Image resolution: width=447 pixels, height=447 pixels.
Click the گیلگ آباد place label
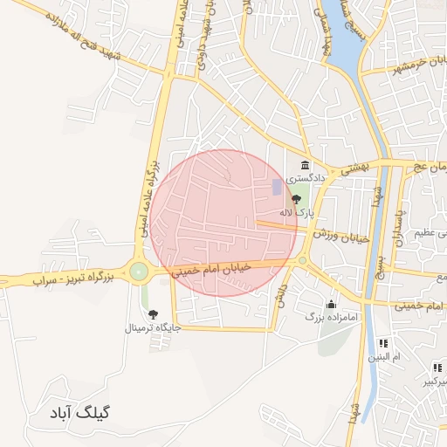click(x=86, y=411)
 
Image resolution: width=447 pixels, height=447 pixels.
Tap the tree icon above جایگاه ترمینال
click(x=154, y=314)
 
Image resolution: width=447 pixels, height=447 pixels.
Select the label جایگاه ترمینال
click(x=154, y=328)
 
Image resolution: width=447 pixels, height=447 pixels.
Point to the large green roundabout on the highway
click(x=139, y=272)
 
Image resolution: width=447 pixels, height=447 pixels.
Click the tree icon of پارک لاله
click(x=296, y=200)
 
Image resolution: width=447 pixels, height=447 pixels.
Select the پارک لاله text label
click(x=296, y=212)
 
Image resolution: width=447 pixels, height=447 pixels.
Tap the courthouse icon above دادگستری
click(x=305, y=165)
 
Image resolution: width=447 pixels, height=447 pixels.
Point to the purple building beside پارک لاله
click(x=278, y=187)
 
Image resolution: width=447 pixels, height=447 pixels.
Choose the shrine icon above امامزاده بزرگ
click(x=332, y=305)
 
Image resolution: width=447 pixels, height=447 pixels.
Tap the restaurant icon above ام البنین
click(x=383, y=343)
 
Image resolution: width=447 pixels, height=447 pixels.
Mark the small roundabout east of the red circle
click(x=303, y=260)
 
